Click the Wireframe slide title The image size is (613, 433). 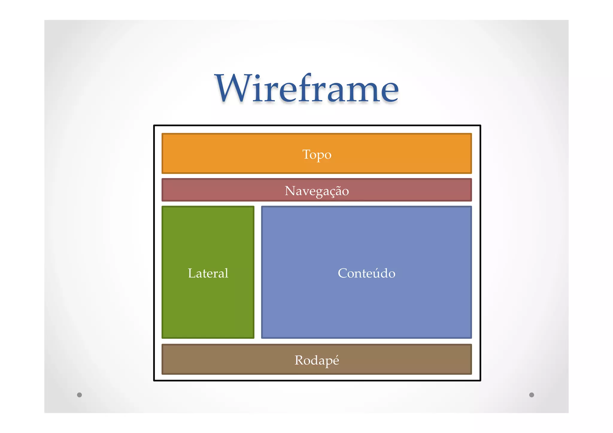click(306, 89)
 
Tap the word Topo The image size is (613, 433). click(317, 154)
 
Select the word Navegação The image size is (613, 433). click(317, 191)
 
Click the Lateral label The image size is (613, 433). click(208, 273)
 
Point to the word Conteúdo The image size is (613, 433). click(366, 273)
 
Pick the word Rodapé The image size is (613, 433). click(317, 360)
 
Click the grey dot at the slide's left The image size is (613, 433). click(79, 395)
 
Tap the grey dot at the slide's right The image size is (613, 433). click(532, 395)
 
